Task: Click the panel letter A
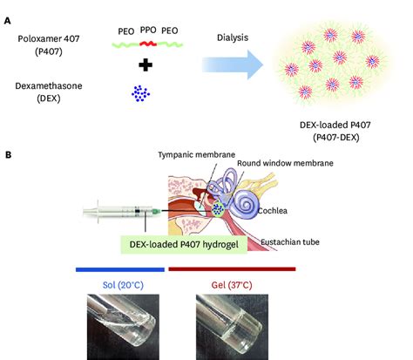(x=7, y=21)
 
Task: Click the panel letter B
(x=8, y=155)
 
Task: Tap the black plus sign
(x=146, y=65)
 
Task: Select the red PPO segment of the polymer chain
(x=148, y=44)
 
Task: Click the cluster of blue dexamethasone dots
(x=140, y=93)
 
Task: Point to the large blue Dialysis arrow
(x=233, y=65)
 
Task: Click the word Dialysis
(x=233, y=37)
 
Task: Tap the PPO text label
(x=148, y=30)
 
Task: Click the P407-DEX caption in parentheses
(x=336, y=137)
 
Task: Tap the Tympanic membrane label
(x=197, y=155)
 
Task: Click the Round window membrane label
(x=285, y=163)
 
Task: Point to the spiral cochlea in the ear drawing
(x=247, y=204)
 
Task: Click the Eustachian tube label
(x=290, y=242)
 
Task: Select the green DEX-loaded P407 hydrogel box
(x=184, y=244)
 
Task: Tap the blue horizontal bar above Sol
(x=120, y=269)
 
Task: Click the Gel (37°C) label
(x=232, y=285)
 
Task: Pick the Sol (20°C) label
(x=123, y=285)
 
